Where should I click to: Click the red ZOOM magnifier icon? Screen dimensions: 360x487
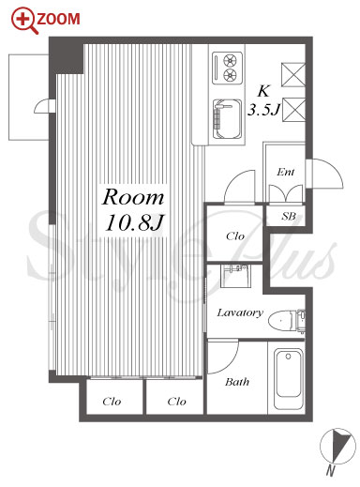(24, 21)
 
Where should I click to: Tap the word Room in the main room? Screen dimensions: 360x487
(133, 197)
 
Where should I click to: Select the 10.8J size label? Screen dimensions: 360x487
(135, 223)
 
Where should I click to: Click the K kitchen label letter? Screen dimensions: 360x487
(263, 91)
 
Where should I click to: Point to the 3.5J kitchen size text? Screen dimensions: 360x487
(263, 110)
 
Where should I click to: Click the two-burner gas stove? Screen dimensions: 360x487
(228, 68)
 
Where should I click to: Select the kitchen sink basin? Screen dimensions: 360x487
(227, 119)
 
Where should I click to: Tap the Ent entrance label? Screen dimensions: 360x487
(286, 172)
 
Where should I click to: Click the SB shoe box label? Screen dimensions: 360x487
(288, 216)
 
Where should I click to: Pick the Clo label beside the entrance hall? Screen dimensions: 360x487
(235, 236)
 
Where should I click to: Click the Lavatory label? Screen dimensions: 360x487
(240, 312)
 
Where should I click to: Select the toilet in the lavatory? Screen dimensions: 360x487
(287, 320)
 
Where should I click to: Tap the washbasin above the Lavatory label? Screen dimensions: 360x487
(235, 276)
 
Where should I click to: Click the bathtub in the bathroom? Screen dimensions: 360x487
(289, 379)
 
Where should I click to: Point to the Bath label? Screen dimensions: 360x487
(237, 382)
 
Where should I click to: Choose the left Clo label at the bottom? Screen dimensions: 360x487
(112, 402)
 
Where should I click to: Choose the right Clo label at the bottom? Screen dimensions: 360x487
(176, 402)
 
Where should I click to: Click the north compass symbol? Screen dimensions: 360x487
(337, 448)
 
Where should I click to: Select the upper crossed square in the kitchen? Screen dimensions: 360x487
(293, 74)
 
